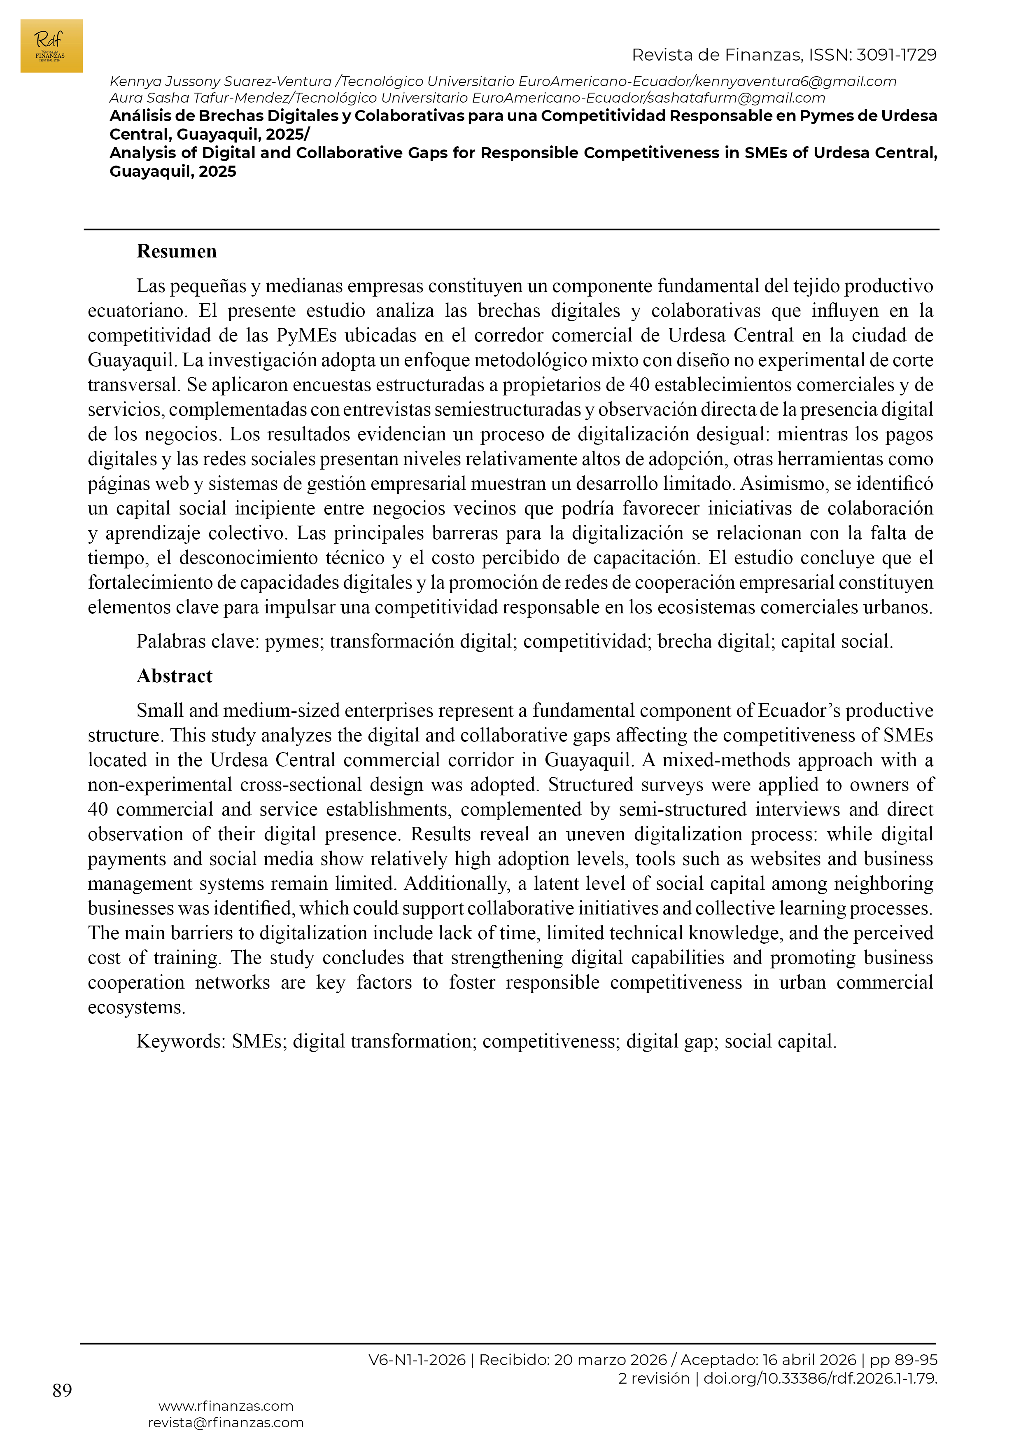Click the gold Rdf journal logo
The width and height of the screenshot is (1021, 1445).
pyautogui.click(x=51, y=46)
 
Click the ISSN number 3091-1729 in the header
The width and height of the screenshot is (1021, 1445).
pyautogui.click(x=896, y=55)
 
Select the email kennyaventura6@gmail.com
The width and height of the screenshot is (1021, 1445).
pyautogui.click(x=796, y=82)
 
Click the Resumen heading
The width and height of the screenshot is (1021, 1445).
pyautogui.click(x=176, y=252)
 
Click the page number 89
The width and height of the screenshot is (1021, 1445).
pyautogui.click(x=62, y=1390)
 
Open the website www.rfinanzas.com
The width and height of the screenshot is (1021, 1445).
pyautogui.click(x=226, y=1406)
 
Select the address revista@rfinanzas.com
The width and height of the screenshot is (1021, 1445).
pyautogui.click(x=226, y=1422)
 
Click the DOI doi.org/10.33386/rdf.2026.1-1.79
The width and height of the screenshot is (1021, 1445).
pyautogui.click(x=820, y=1378)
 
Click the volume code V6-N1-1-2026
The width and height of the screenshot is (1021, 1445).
pyautogui.click(x=417, y=1360)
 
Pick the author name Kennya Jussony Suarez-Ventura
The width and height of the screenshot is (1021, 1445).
pyautogui.click(x=220, y=82)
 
